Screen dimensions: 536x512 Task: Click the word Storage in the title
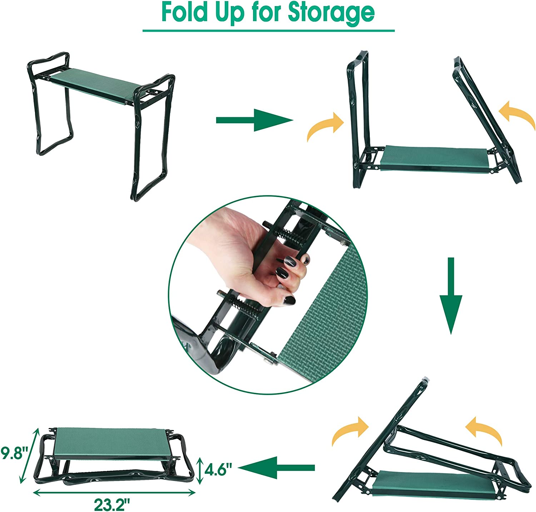click(331, 13)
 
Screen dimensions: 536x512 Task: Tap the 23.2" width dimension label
click(111, 505)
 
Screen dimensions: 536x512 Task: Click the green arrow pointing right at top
click(254, 120)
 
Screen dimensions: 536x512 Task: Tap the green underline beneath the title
click(268, 31)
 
